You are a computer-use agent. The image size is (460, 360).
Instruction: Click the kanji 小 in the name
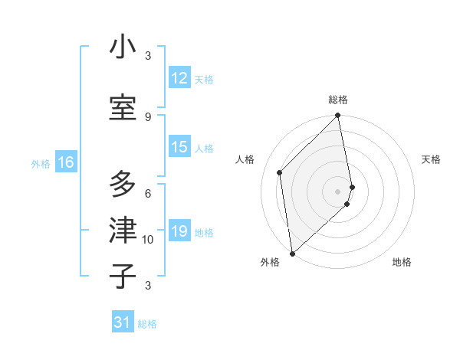[x=123, y=47]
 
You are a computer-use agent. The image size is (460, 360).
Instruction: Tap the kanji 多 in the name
[x=123, y=184]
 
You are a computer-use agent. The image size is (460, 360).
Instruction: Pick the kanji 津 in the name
[x=123, y=229]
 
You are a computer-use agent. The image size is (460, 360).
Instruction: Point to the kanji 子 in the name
[x=123, y=276]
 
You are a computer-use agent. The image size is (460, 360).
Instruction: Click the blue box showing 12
[x=179, y=78]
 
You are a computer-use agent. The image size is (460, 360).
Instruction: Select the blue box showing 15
[x=179, y=148]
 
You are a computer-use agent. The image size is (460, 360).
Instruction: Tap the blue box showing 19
[x=179, y=231]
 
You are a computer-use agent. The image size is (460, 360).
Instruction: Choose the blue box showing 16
[x=65, y=162]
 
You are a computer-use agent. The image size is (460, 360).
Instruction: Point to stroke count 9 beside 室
[x=148, y=116]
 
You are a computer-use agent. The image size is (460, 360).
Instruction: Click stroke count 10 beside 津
[x=148, y=240]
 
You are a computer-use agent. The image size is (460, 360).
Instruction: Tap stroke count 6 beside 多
[x=148, y=193]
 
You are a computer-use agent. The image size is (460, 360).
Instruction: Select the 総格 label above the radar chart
[x=338, y=100]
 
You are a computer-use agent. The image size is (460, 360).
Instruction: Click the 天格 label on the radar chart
[x=432, y=159]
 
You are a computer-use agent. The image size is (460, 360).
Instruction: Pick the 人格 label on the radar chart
[x=245, y=159]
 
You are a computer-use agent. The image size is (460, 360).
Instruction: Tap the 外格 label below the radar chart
[x=270, y=263]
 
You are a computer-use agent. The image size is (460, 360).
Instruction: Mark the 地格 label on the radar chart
[x=402, y=263]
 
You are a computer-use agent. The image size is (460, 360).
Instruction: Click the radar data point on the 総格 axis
[x=338, y=116]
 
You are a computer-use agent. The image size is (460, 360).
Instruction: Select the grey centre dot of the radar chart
[x=338, y=191]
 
